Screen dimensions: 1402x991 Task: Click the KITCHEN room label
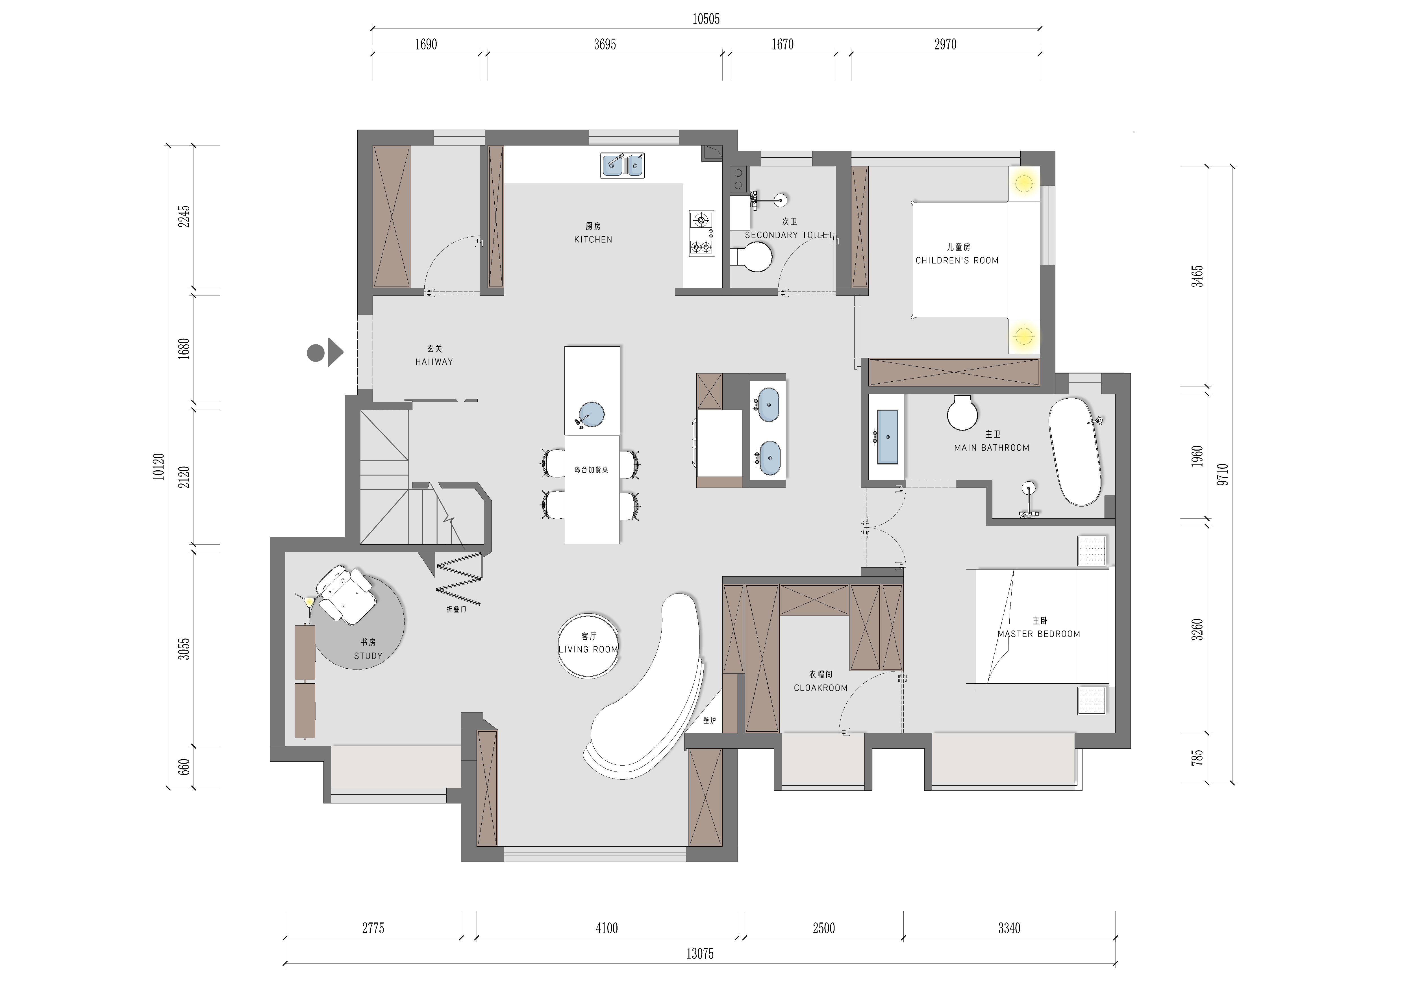[x=593, y=239]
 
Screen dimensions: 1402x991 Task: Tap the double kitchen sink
[x=622, y=166]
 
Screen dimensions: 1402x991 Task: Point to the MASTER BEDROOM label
[x=1039, y=634]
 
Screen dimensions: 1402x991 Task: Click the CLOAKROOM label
[x=821, y=688]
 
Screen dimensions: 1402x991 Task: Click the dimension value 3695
[x=605, y=45]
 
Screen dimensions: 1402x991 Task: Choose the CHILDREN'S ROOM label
[x=957, y=260]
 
